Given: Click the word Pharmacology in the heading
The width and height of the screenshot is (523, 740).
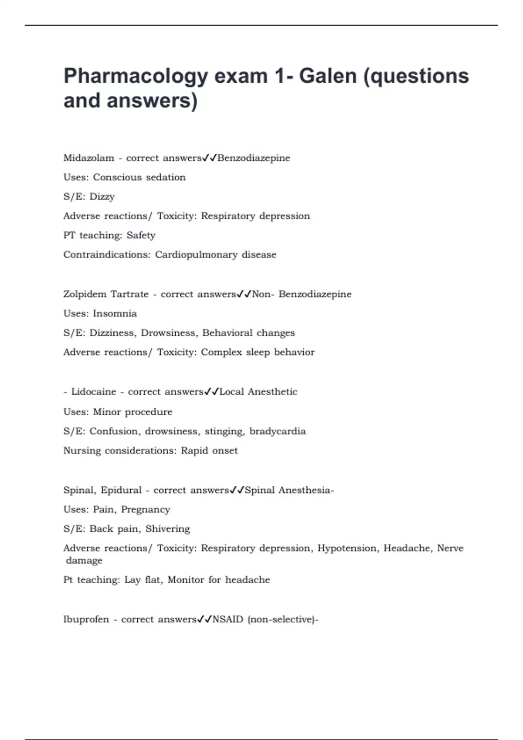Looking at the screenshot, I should click(136, 77).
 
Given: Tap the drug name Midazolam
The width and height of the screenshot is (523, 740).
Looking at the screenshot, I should click(88, 158).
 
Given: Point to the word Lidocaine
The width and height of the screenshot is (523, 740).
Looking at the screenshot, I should click(93, 392).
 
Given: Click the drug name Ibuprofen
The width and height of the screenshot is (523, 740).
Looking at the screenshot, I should click(86, 619).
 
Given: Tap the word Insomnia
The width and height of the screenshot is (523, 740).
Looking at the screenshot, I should click(115, 314).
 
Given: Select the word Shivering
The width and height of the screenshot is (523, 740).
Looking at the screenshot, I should click(167, 529).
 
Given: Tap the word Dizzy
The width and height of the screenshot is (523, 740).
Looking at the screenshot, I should click(102, 197).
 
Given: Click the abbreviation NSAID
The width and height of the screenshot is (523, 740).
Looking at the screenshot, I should click(228, 619).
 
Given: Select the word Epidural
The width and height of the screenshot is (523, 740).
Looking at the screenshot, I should click(121, 491).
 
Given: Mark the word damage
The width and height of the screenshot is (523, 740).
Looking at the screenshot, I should click(84, 561).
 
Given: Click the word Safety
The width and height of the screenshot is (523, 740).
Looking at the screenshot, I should click(141, 235).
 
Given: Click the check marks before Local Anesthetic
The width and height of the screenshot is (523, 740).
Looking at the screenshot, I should click(211, 392).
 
